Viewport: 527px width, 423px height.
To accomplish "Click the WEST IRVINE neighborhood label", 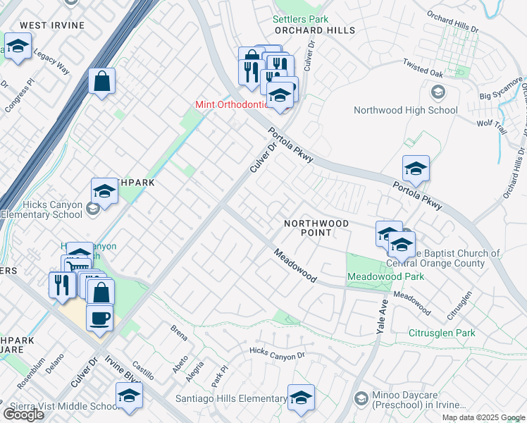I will click(x=51, y=25).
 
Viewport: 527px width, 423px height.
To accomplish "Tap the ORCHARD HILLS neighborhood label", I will click(x=314, y=31).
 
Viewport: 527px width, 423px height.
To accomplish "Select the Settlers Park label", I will click(x=301, y=19).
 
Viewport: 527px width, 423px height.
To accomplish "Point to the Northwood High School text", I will click(x=405, y=110).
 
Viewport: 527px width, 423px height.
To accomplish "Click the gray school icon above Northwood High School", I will click(x=438, y=92).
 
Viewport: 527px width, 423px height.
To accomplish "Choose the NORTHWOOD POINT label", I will click(x=316, y=228).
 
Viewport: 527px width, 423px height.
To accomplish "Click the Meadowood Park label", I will click(x=385, y=276).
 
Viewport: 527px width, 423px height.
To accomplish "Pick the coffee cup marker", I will click(x=99, y=317).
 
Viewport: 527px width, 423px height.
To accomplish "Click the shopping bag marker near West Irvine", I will click(x=101, y=81).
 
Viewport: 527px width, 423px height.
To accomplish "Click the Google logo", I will click(x=23, y=414).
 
